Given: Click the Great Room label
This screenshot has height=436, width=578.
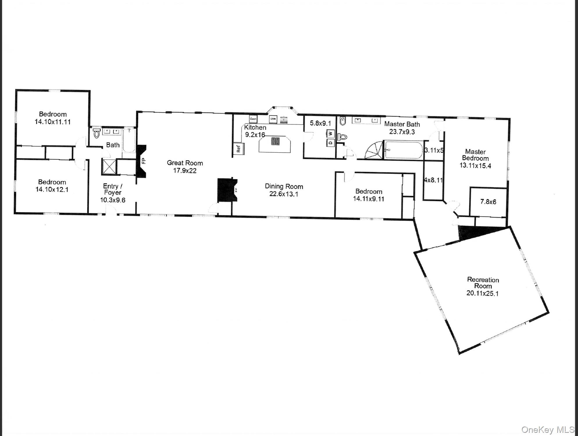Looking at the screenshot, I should tap(185, 163).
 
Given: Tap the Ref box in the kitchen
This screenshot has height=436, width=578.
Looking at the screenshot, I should tap(239, 149).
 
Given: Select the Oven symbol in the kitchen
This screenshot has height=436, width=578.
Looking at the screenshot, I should tap(253, 119).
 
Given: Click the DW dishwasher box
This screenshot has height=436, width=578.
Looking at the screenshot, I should tap(273, 119).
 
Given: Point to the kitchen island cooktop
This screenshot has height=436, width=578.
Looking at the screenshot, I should tap(275, 141).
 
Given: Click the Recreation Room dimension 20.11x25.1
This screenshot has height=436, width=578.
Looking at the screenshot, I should tap(482, 293).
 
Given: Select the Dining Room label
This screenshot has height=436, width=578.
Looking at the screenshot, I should tap(284, 186).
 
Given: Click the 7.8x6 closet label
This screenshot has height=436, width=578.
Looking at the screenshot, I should tap(488, 202).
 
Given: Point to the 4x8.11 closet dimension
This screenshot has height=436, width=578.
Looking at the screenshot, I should tap(433, 180).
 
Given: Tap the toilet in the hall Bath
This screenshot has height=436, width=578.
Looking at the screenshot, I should tap(97, 133).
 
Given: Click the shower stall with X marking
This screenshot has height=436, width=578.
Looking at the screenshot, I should tap(109, 167).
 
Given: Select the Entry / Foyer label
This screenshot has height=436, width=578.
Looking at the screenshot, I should tap(113, 189).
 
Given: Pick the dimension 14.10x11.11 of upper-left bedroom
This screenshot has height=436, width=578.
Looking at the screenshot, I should tap(53, 122).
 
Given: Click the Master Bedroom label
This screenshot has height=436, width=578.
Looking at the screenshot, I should tap(475, 155).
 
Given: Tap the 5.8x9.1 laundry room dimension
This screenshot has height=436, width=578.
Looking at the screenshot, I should tap(320, 123).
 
